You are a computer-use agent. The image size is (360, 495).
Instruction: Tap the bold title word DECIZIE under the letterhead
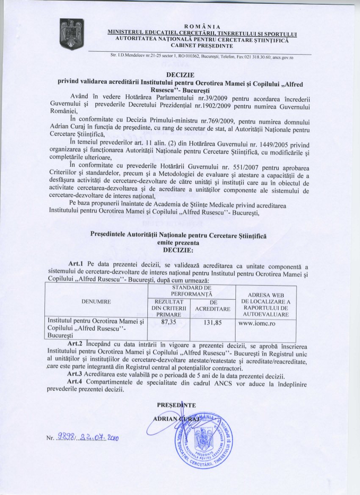[180, 75]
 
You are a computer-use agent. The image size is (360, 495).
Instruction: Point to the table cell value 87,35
[169, 322]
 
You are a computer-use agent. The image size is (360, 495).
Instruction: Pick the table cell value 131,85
[213, 322]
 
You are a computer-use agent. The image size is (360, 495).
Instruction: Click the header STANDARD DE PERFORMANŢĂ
[191, 290]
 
